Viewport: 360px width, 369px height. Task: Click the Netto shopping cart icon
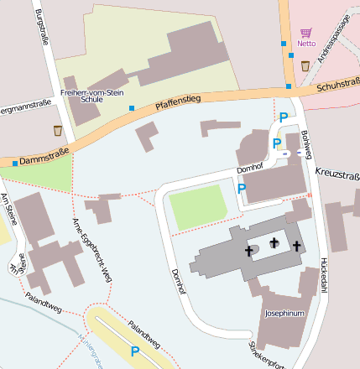[305, 33]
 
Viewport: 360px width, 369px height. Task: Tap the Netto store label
[305, 44]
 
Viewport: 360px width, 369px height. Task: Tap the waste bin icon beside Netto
[304, 66]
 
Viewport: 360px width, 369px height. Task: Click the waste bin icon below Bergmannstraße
[57, 130]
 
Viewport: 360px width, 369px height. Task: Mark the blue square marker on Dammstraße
[14, 163]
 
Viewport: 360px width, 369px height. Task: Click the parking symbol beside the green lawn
[242, 190]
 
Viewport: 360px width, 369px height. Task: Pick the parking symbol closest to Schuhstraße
[284, 118]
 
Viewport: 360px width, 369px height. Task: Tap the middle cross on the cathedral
[274, 242]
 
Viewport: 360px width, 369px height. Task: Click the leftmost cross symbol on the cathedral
[249, 250]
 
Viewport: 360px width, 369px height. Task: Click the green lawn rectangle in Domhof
[198, 206]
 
